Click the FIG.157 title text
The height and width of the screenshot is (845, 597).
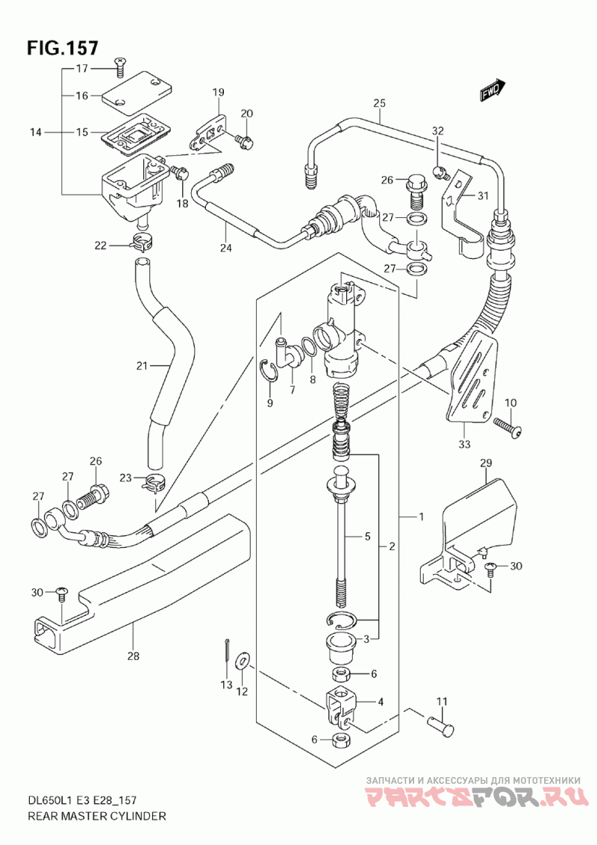[63, 48]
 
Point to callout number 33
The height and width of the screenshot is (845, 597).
[464, 446]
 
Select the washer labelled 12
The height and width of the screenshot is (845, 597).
[243, 660]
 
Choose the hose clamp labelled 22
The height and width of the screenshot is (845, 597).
[141, 242]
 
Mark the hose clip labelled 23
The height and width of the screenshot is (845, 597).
[153, 483]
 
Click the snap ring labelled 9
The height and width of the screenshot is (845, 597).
[271, 371]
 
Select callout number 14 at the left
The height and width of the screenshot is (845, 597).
[34, 133]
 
